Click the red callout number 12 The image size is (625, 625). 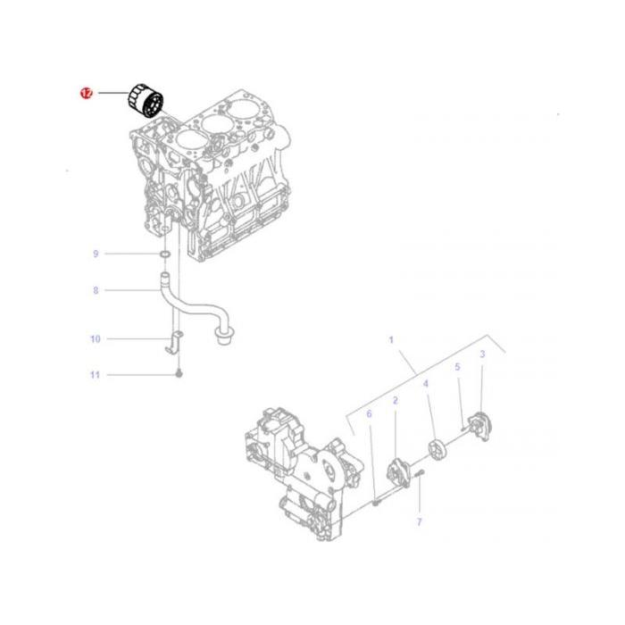click(x=86, y=93)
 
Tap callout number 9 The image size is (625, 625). click(x=96, y=254)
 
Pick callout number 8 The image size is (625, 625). click(x=96, y=290)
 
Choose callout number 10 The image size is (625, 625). click(x=96, y=339)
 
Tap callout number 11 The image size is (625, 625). click(x=96, y=375)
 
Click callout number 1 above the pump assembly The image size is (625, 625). click(x=390, y=340)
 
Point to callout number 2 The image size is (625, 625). click(x=395, y=403)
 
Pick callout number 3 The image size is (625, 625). click(x=482, y=354)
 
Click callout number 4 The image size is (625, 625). click(x=426, y=383)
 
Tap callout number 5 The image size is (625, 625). click(x=457, y=367)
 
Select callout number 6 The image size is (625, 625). click(x=368, y=413)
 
